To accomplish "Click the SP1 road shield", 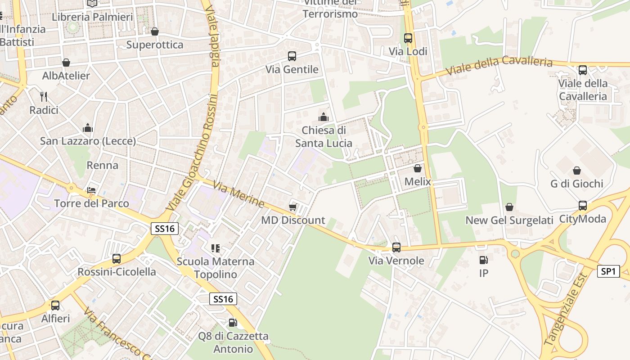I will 608,271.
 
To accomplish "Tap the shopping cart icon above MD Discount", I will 293,207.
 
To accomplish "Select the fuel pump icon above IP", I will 484,260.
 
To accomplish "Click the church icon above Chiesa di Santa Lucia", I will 323,117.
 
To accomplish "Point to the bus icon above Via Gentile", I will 292,56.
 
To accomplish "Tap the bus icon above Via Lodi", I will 408,38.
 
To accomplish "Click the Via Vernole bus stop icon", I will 396,247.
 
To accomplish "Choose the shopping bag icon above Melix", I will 418,169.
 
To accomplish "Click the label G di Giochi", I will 576,184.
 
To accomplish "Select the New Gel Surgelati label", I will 509,220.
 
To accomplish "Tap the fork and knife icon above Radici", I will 44,96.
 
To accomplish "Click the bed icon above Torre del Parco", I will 92,190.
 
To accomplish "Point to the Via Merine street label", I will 238,194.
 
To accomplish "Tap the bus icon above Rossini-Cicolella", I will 117,259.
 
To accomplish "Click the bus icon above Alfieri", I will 55,306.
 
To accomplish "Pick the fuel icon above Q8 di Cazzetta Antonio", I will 233,323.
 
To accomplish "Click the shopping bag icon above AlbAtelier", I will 66,63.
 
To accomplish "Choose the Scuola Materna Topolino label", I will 216,268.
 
